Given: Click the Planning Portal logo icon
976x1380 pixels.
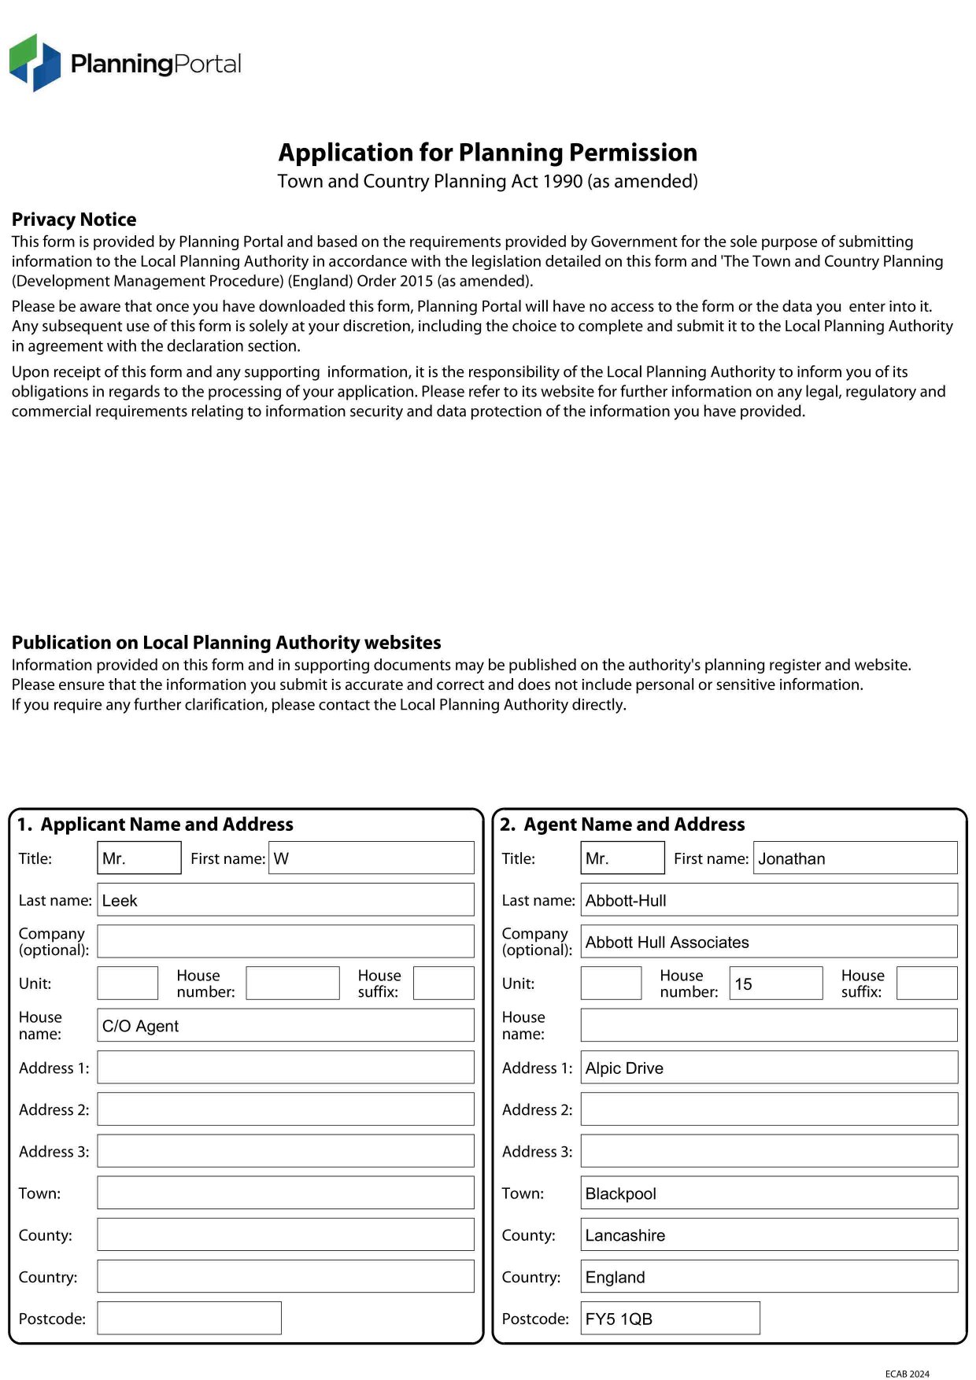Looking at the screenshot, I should [x=35, y=62].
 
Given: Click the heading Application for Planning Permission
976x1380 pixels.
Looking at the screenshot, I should [x=487, y=152].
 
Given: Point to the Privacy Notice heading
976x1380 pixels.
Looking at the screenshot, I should [x=74, y=220].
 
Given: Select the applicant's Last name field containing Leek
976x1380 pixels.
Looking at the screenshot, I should [x=285, y=900].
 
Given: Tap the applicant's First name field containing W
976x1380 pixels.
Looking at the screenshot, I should [x=371, y=858].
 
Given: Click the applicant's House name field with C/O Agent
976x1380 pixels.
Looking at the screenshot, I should [x=285, y=1026].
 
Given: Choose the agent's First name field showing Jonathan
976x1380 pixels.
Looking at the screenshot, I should [x=855, y=858].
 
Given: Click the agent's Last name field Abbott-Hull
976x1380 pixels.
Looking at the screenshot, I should [x=768, y=900].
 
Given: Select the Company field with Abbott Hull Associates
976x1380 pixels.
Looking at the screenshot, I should [x=768, y=942].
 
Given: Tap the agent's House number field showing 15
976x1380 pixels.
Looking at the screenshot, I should [x=775, y=983].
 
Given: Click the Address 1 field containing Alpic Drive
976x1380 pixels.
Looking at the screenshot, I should [x=768, y=1068].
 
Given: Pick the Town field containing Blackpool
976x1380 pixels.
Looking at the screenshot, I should [x=768, y=1194].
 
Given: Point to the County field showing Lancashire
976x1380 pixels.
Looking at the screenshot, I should [x=768, y=1235].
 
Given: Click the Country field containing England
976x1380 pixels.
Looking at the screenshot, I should [x=768, y=1277].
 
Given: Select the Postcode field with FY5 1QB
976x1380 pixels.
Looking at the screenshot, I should [x=670, y=1319].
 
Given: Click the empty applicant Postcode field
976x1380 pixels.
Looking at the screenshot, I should [x=189, y=1319].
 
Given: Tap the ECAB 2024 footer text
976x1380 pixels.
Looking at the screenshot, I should [x=907, y=1374].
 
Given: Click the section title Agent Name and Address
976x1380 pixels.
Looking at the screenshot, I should [x=634, y=825].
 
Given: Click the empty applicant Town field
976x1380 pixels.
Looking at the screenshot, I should [x=285, y=1194].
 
